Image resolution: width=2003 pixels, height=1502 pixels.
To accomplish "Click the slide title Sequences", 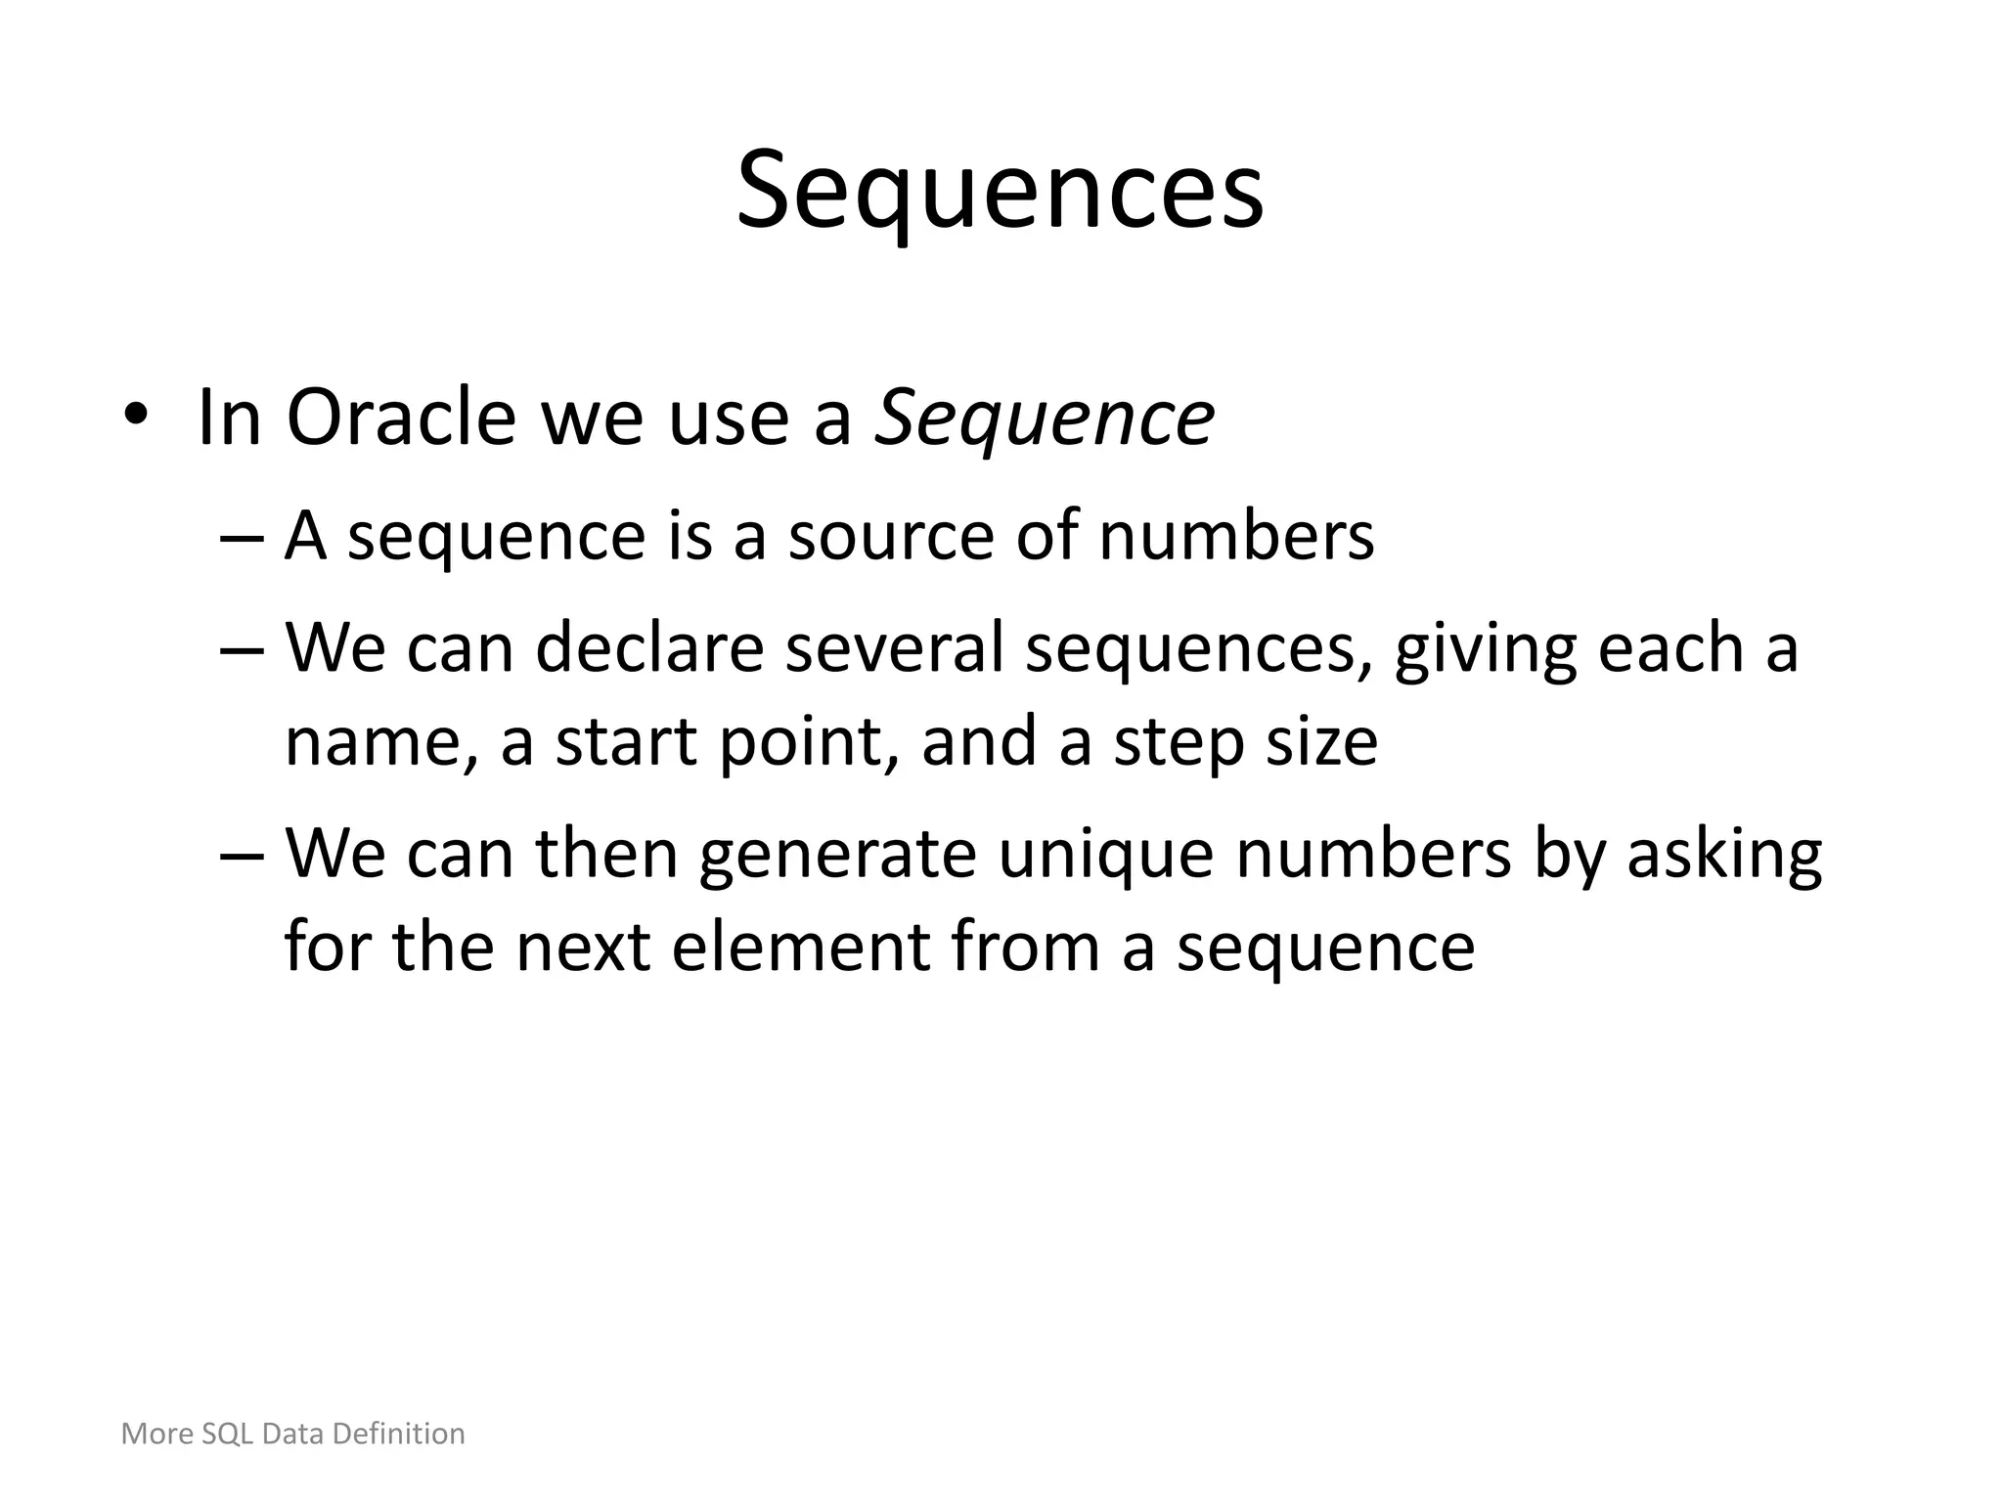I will tap(1000, 191).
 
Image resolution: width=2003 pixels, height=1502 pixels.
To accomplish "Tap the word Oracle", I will tap(400, 419).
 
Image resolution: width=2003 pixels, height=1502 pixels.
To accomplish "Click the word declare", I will tap(649, 648).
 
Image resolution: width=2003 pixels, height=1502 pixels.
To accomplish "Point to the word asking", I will tap(1724, 854).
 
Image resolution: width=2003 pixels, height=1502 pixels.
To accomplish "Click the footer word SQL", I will tap(228, 1434).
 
